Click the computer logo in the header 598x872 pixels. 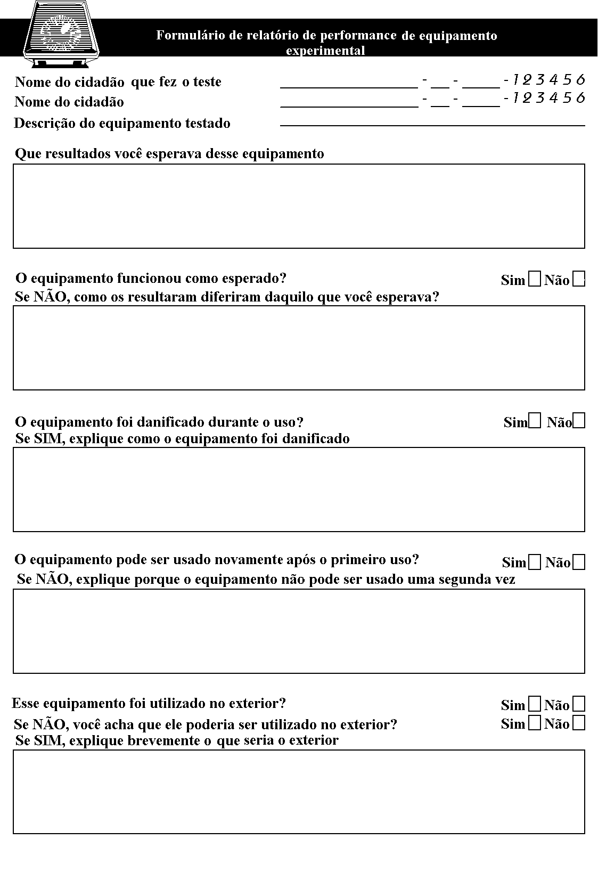[x=63, y=33]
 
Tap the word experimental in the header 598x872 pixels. [x=325, y=51]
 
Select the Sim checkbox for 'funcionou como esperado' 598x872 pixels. [x=534, y=280]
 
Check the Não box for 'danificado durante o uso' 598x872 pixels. [x=579, y=421]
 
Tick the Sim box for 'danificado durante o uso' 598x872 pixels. [x=535, y=421]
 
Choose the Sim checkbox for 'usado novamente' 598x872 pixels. [x=535, y=562]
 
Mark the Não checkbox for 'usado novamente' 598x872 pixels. [x=579, y=562]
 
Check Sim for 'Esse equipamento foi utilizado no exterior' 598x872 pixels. [x=534, y=704]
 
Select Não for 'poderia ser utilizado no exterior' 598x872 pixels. [x=579, y=723]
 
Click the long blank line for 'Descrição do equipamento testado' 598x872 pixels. [x=432, y=125]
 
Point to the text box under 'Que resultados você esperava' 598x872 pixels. [x=299, y=206]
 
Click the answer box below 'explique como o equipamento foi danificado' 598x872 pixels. [x=299, y=490]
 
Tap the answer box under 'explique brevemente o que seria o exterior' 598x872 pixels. [x=299, y=792]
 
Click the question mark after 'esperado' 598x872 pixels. [x=283, y=278]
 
